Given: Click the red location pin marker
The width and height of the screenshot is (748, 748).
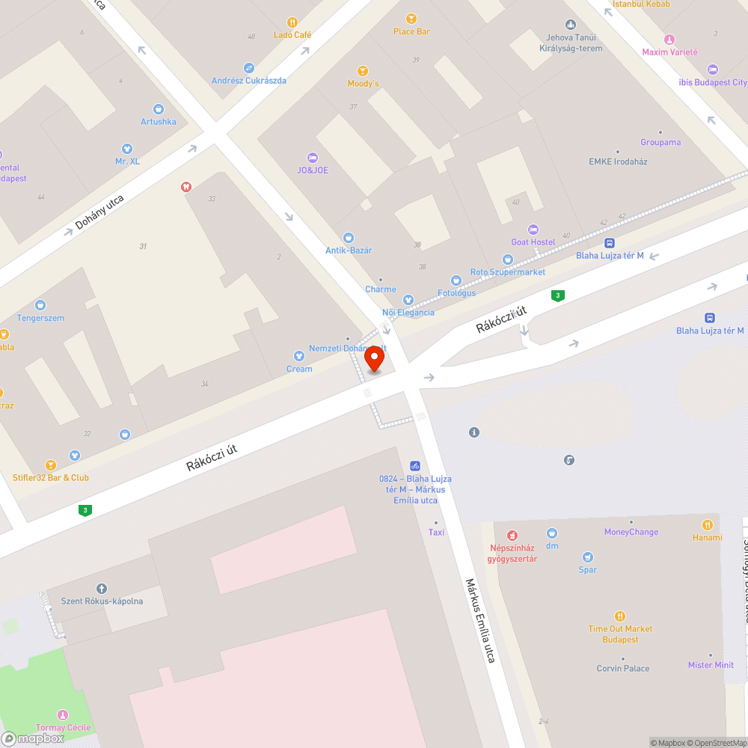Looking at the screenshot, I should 374,359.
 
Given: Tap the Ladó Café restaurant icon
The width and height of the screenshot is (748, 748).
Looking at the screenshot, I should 292,22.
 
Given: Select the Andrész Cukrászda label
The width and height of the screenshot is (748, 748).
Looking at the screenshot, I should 248,80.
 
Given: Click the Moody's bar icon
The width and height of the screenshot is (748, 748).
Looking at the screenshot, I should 363,71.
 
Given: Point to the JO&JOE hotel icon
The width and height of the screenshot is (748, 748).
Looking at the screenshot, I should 313,158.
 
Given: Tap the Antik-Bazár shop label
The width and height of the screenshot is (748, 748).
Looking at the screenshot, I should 349,250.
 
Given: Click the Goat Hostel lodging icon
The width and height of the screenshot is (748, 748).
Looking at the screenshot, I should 533,230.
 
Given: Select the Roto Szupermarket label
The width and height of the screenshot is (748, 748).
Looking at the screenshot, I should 508,272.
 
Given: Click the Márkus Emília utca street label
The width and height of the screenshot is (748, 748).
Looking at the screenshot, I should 480,620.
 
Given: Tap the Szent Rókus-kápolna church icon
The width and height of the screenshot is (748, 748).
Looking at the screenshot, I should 102,589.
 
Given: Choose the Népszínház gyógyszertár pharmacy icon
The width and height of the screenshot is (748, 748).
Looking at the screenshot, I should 512,535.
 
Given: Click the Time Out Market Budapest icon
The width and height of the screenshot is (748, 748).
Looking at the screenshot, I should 620,616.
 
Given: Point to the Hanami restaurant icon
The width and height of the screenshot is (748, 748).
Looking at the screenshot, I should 708,525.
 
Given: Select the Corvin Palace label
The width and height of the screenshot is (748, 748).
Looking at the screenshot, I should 623,668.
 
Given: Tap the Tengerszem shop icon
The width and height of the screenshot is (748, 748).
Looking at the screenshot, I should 40,305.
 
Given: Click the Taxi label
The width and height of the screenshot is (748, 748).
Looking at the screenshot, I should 436,532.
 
